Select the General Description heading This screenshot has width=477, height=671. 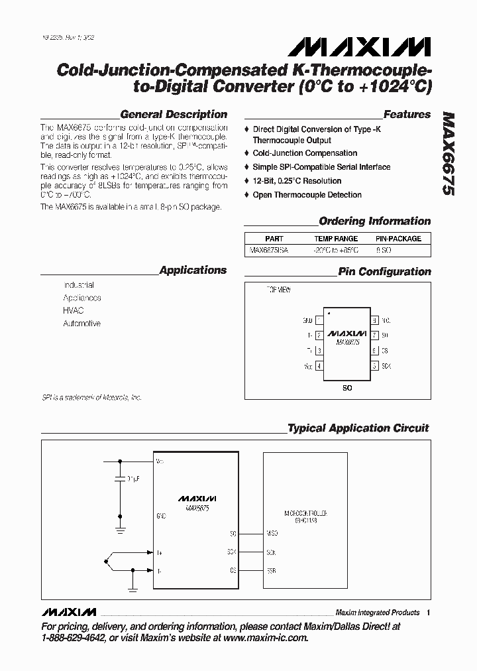click(x=174, y=114)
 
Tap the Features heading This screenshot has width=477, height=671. click(x=407, y=114)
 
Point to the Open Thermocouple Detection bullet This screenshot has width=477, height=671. click(x=307, y=195)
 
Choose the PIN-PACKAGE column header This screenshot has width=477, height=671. click(x=398, y=239)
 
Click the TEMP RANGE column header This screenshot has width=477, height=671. click(x=336, y=239)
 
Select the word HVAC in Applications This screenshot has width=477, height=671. click(x=74, y=310)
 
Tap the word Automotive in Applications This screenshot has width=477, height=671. click(x=82, y=324)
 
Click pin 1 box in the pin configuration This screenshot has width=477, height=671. click(x=319, y=320)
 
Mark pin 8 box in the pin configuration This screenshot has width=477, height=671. click(x=375, y=320)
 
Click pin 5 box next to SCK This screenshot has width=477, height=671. click(x=375, y=365)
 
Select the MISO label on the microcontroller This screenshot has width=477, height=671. click(x=271, y=533)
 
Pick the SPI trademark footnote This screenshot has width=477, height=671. click(x=91, y=398)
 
